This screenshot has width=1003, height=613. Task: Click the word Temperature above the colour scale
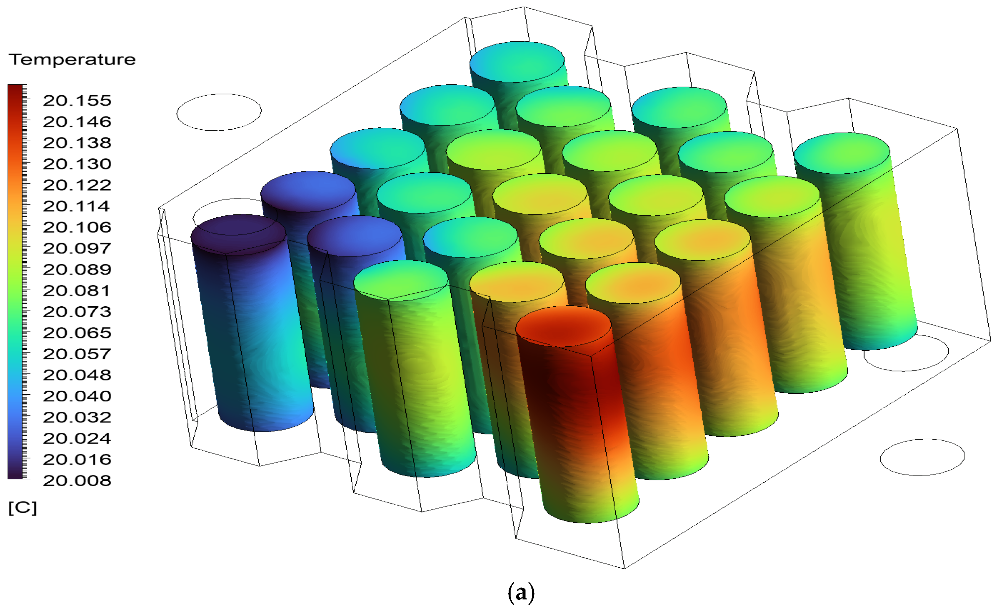pyautogui.click(x=72, y=60)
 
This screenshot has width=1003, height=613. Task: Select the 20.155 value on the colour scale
pyautogui.click(x=77, y=101)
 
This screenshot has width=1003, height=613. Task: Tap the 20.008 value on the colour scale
pyautogui.click(x=77, y=480)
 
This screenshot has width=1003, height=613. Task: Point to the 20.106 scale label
pyautogui.click(x=77, y=227)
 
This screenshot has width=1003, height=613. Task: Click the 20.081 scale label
pyautogui.click(x=77, y=290)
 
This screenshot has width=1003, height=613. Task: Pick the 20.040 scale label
pyautogui.click(x=77, y=396)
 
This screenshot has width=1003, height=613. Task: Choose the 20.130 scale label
pyautogui.click(x=77, y=164)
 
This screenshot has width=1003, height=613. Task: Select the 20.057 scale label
pyautogui.click(x=77, y=354)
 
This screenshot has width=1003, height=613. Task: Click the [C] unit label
pyautogui.click(x=23, y=508)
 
